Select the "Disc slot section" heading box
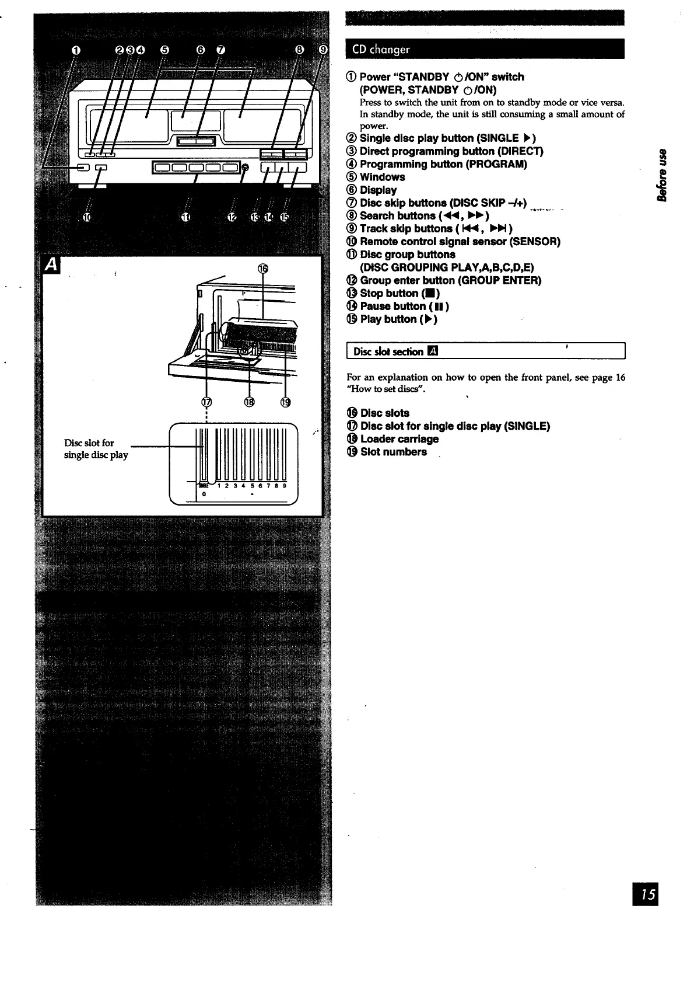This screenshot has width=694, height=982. pyautogui.click(x=485, y=351)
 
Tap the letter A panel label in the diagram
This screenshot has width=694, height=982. pyautogui.click(x=52, y=265)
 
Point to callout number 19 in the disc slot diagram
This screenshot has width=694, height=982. pyautogui.click(x=285, y=402)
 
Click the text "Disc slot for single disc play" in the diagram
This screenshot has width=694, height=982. pyautogui.click(x=96, y=448)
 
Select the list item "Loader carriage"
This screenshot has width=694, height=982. pyautogui.click(x=398, y=438)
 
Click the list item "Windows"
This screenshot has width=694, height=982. pyautogui.click(x=381, y=177)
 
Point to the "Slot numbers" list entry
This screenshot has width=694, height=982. pyautogui.click(x=392, y=451)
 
